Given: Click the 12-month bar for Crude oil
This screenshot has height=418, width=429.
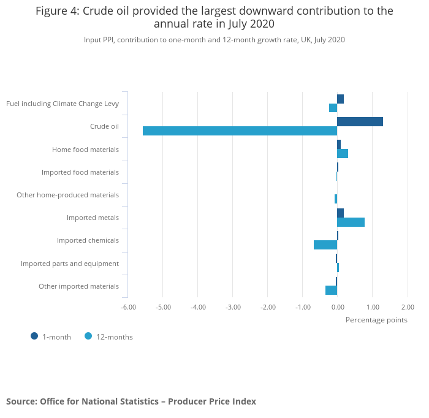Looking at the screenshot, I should coord(240,131).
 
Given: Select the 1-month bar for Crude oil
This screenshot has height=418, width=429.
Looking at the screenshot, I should coord(360,121).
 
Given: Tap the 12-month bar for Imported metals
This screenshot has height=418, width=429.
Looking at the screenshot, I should coord(351,222).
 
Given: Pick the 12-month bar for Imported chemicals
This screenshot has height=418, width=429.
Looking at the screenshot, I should coord(325,245).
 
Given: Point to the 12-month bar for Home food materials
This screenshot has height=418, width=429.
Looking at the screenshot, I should coord(343,153).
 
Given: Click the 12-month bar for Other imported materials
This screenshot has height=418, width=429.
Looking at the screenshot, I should coord(331,290).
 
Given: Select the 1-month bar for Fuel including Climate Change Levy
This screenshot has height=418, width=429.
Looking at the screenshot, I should coord(340,99).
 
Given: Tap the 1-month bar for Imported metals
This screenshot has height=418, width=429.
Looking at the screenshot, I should coord(340,213).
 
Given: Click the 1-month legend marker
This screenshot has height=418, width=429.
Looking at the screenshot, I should coord(34,336).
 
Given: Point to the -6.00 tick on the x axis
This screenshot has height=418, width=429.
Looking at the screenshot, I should coord(128,307).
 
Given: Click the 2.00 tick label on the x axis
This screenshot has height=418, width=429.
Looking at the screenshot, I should coord(408,307).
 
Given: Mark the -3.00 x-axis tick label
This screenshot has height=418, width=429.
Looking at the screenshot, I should coord(233,307).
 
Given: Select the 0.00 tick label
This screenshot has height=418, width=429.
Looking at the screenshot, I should coord(338,307).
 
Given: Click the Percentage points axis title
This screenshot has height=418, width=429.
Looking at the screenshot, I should coord(376,319).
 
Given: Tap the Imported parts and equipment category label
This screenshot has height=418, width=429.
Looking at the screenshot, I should coord(70,264).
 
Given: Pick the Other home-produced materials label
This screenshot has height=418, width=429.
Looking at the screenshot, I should coord(67,195).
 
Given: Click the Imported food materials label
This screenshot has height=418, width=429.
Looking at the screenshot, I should coord(80,172).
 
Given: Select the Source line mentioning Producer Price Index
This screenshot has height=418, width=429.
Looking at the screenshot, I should coord(131,401).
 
